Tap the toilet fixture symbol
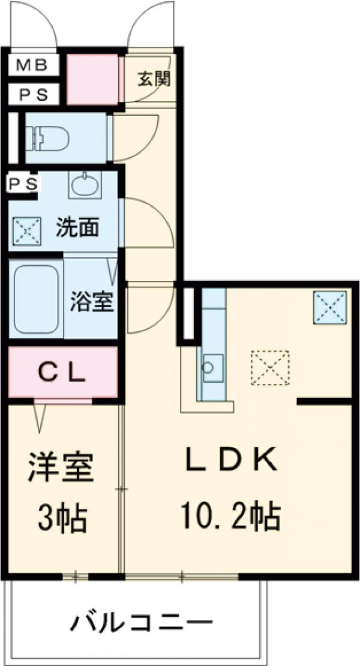[50, 138]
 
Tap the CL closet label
[63, 373]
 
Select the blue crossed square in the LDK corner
[329, 307]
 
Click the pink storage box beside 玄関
[92, 79]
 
